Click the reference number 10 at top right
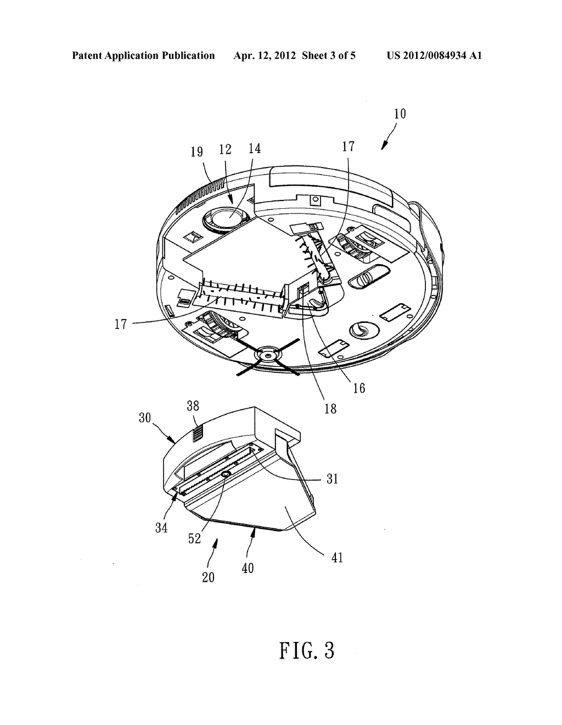(400, 114)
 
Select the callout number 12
(226, 149)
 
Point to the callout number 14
(254, 148)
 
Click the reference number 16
(359, 388)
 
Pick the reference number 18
(330, 408)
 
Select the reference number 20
(208, 577)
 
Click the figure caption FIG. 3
(306, 650)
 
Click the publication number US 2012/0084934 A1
(434, 55)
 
